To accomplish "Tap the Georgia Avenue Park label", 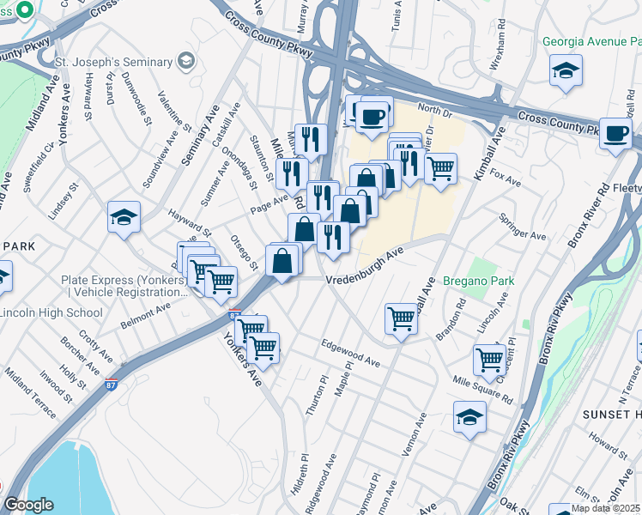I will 591,41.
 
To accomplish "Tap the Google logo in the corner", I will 27,505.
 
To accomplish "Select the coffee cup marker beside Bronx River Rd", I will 615,135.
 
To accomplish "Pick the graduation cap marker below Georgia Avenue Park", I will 566,71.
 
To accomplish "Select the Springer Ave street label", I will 524,233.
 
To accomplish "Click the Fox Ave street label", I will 511,183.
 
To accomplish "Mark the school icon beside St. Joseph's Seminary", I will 185,61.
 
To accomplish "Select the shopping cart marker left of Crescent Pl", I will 489,360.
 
